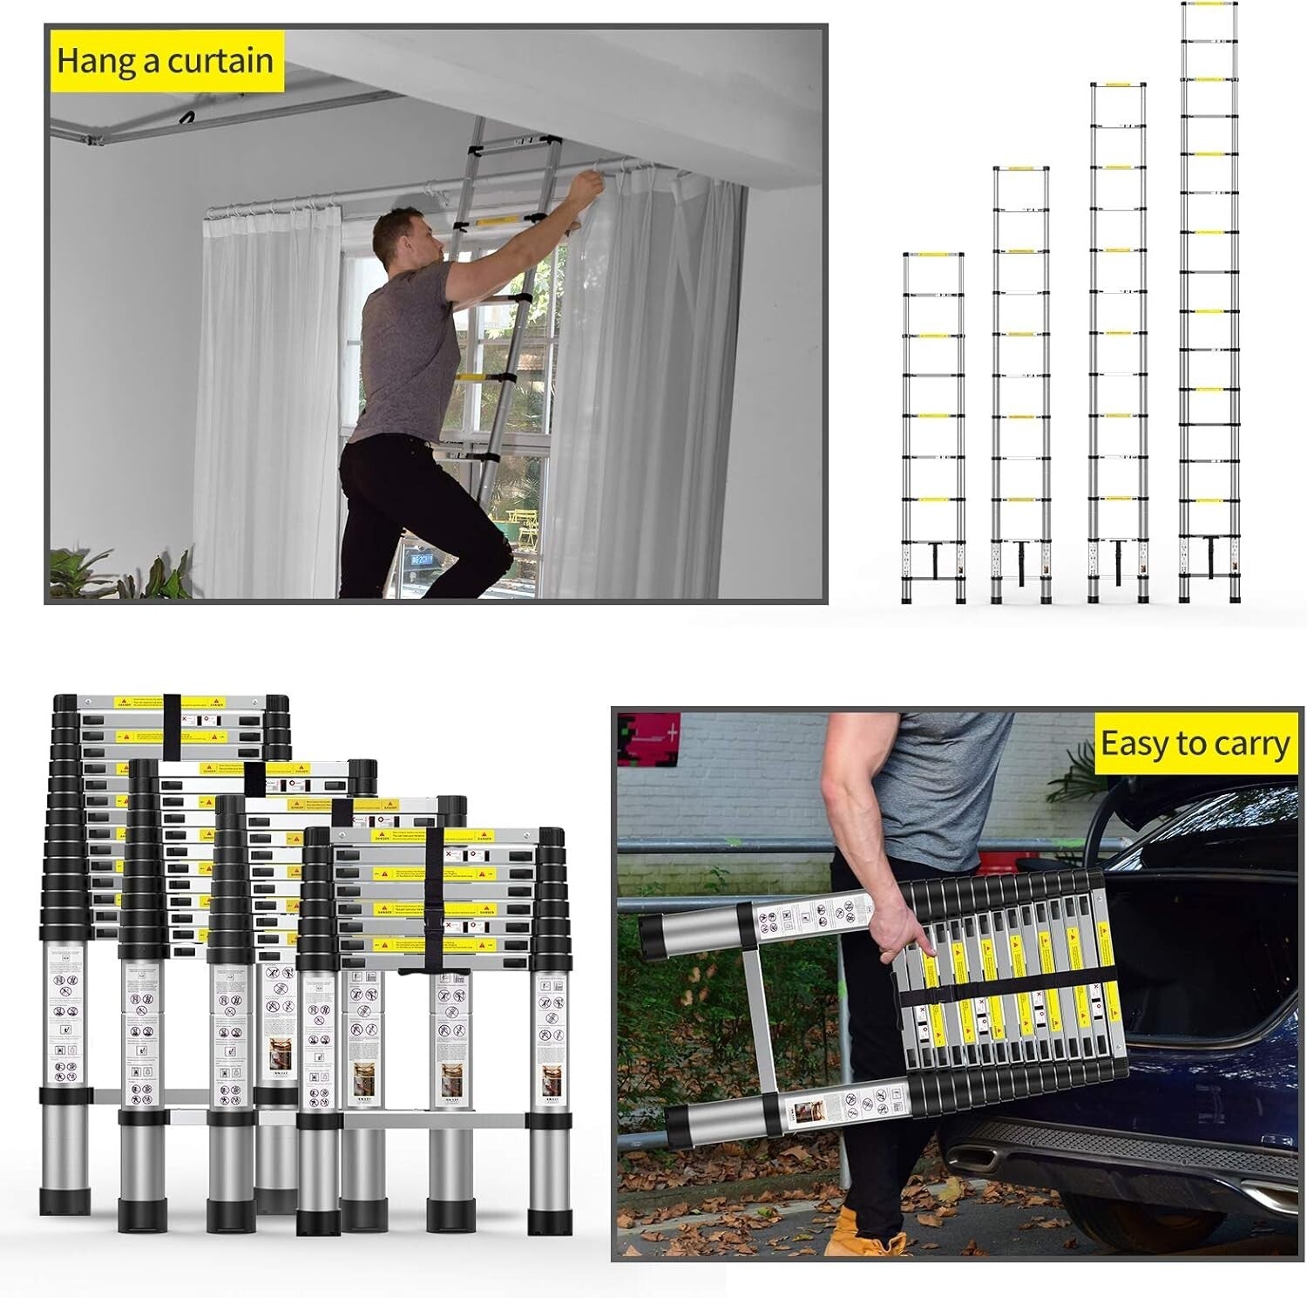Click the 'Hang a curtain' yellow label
coord(165,61)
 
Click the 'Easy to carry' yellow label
coord(1195,744)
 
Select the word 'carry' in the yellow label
coord(1248,745)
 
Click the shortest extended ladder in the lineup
coord(933,427)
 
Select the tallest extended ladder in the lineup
coord(1209,305)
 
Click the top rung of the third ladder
coord(1118,85)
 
